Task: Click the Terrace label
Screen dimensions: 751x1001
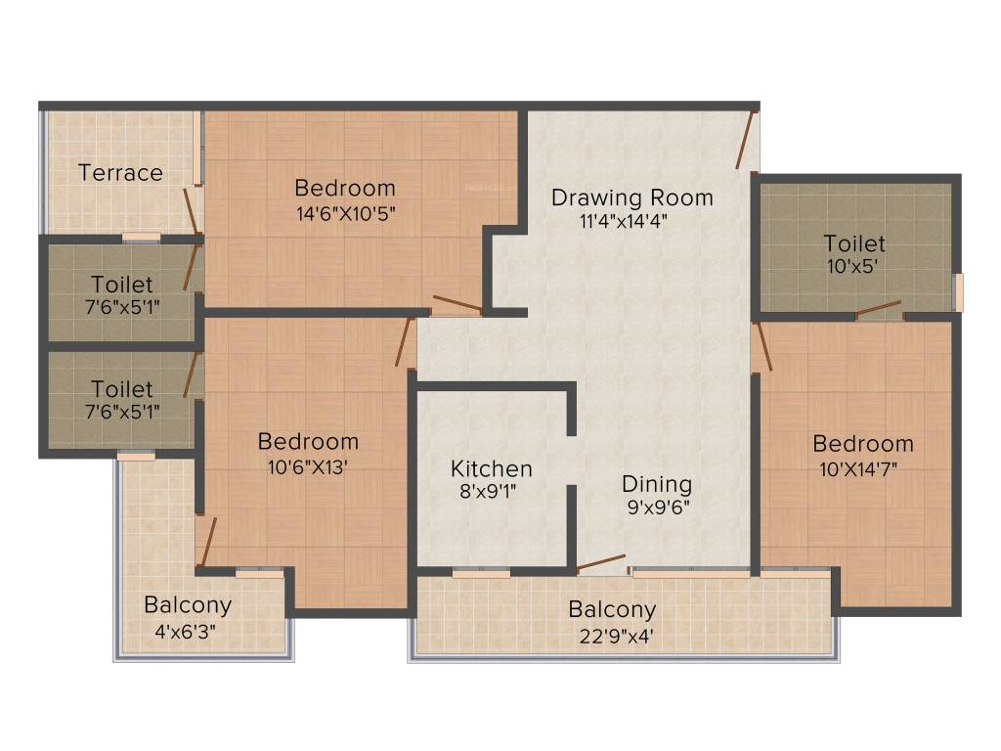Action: (120, 173)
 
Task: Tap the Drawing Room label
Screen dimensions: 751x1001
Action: (631, 197)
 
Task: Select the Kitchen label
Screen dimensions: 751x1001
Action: (492, 469)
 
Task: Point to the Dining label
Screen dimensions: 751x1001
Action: (657, 484)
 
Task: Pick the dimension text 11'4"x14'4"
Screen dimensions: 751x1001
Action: (624, 220)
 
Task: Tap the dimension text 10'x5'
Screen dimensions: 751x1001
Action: (854, 265)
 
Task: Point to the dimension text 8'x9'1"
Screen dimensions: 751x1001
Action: (488, 492)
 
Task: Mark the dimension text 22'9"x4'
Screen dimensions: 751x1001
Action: (612, 635)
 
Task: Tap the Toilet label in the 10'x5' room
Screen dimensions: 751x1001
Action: (854, 243)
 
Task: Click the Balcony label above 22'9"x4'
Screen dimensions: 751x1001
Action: (613, 610)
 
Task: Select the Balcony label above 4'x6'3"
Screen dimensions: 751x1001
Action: (188, 605)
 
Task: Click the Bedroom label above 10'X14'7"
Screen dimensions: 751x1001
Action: (863, 444)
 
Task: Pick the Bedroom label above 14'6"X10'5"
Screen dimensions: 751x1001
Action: (345, 188)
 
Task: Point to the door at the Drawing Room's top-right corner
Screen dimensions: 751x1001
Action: (748, 141)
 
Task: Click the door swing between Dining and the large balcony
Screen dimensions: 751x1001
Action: (600, 563)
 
